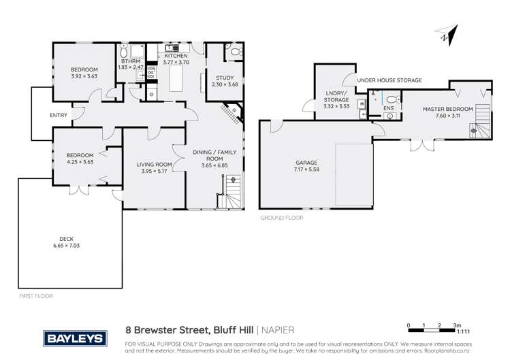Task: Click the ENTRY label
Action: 59,115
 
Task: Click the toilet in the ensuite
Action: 391,99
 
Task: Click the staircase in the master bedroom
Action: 482,122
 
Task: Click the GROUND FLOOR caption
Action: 281,218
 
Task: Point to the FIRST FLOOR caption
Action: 36,296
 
